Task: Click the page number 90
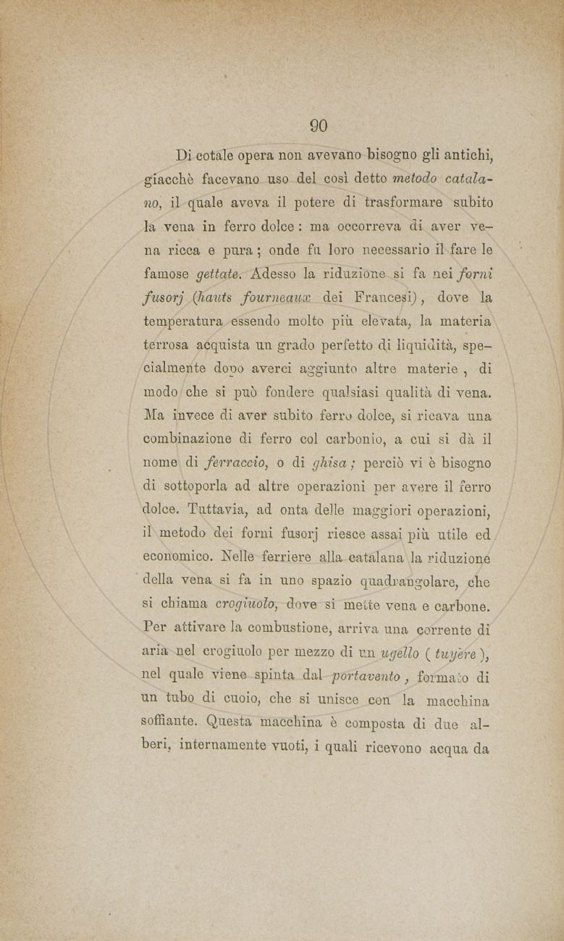pyautogui.click(x=319, y=125)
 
